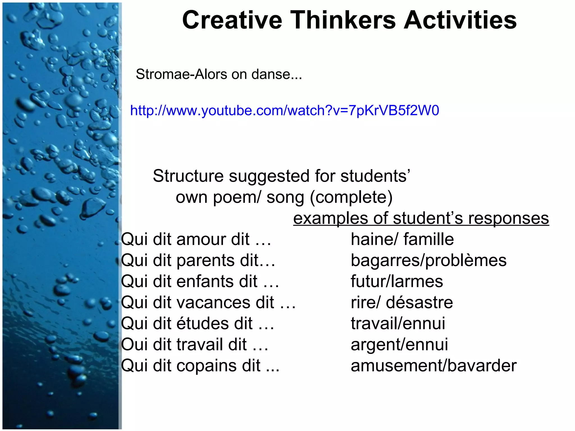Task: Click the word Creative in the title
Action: (232, 20)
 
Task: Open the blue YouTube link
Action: (284, 111)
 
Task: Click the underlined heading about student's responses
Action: (421, 218)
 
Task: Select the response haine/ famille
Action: (402, 239)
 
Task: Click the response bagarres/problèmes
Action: (428, 261)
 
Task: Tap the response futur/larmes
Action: (397, 281)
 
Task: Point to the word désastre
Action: (419, 302)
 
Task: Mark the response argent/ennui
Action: (399, 345)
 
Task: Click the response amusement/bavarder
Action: (433, 366)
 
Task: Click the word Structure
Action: (188, 176)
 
